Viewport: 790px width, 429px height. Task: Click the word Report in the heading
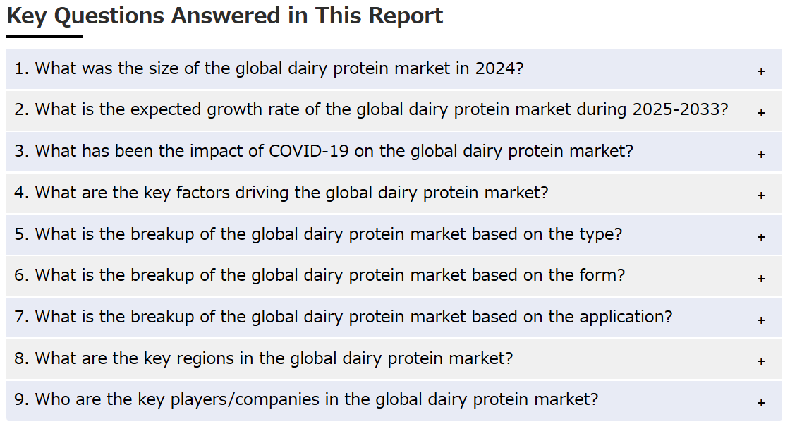(x=406, y=16)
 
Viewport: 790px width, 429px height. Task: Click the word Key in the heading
(x=27, y=16)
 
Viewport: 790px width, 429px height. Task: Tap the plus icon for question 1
(x=761, y=71)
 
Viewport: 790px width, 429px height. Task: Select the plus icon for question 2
(x=761, y=112)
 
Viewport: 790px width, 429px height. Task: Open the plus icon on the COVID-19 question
(x=761, y=155)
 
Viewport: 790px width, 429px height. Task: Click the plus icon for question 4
(x=761, y=195)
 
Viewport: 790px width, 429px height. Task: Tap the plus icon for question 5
(x=761, y=237)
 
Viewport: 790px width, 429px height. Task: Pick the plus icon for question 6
(x=761, y=278)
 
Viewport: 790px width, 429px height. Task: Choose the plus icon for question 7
(x=761, y=320)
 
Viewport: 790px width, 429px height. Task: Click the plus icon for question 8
(x=761, y=361)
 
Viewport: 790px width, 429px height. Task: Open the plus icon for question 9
(x=761, y=403)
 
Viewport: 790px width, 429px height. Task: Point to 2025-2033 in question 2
(x=680, y=109)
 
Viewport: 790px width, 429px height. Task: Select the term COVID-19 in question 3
(x=308, y=151)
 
